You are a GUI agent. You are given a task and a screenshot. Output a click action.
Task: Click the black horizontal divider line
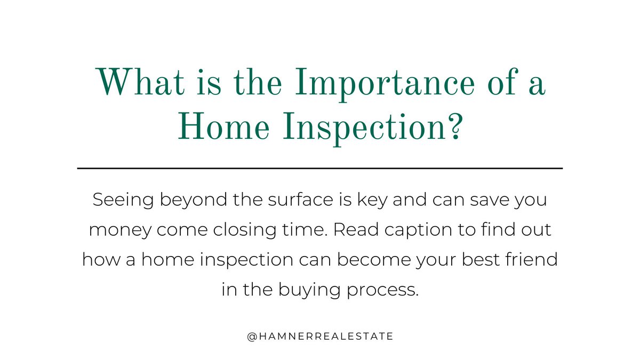click(x=320, y=168)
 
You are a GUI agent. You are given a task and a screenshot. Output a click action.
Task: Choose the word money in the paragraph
click(x=118, y=230)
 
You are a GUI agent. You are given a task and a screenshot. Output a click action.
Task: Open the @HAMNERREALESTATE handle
click(x=320, y=336)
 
